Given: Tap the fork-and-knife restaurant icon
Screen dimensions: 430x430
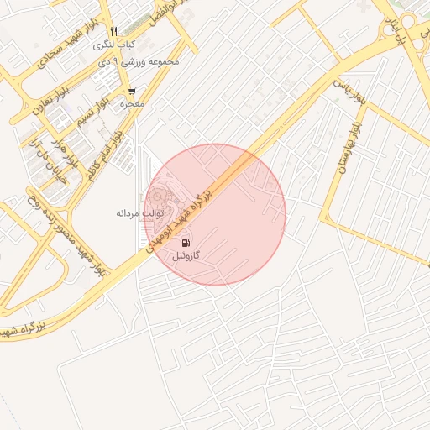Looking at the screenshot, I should tap(113, 31).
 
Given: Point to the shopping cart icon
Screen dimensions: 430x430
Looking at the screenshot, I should tap(131, 92).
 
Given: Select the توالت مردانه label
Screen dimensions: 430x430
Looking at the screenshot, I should tap(139, 214).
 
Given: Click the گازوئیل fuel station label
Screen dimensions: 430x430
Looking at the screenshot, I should tap(186, 255).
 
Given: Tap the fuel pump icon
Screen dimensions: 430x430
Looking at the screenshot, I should tap(186, 243).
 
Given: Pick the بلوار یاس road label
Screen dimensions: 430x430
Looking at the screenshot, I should tap(349, 92).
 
